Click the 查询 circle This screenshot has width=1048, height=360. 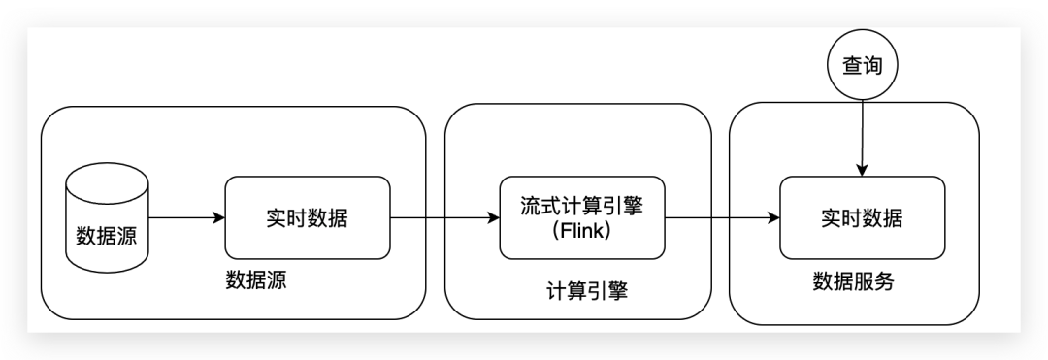[863, 66]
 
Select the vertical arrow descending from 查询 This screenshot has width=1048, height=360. [863, 136]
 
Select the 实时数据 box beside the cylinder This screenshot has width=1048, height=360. [307, 217]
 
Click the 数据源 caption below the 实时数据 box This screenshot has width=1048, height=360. [256, 281]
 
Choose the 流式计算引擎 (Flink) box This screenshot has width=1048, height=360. [582, 217]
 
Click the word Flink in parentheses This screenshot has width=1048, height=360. [583, 232]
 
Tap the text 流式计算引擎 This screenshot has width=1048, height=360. [583, 205]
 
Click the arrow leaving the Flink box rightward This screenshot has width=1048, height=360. [723, 217]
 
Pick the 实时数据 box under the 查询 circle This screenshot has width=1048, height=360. [863, 217]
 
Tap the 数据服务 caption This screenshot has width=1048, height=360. [853, 281]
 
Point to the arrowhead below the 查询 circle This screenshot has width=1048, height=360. [863, 171]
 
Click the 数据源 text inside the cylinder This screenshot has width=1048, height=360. [107, 236]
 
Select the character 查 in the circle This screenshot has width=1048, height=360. [850, 66]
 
